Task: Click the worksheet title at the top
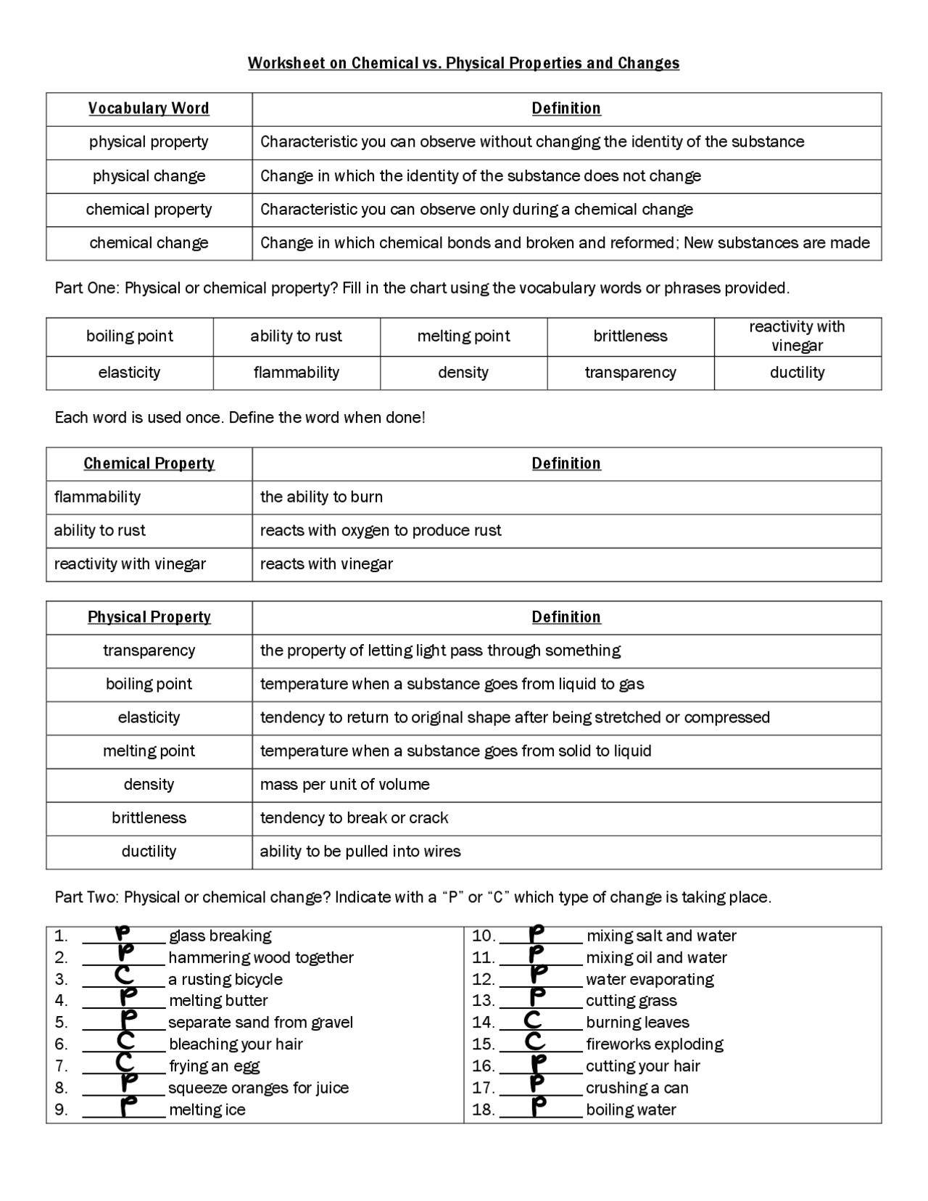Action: (x=463, y=63)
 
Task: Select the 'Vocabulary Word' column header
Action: (x=149, y=109)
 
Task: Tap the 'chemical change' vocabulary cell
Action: (x=149, y=243)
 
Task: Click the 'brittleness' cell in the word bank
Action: (x=630, y=336)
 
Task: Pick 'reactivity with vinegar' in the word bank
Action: (x=797, y=336)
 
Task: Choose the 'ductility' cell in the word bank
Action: (x=797, y=373)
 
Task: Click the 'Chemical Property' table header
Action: (x=149, y=463)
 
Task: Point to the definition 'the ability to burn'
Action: (x=321, y=497)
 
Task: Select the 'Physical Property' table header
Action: (x=149, y=617)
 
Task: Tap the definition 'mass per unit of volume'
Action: (x=344, y=785)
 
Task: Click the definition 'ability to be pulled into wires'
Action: (x=360, y=851)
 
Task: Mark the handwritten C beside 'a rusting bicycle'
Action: (x=124, y=976)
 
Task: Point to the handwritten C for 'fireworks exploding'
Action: (x=534, y=1041)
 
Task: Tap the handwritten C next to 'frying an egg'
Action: (x=124, y=1063)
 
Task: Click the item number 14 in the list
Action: (x=483, y=1023)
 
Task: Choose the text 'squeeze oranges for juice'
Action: (x=258, y=1088)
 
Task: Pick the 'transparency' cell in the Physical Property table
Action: (x=149, y=651)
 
